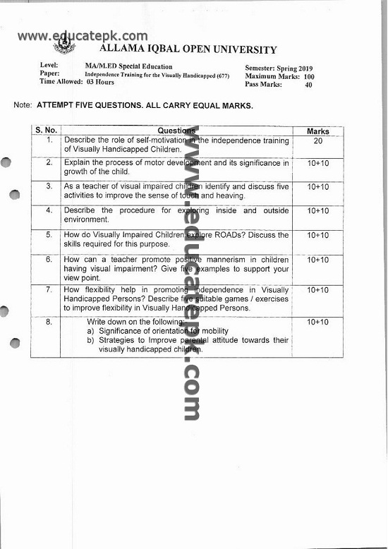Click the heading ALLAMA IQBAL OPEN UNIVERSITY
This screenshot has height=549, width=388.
189,50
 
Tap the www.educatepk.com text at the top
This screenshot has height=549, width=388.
83,36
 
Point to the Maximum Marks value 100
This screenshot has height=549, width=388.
309,76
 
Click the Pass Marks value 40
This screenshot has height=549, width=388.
308,85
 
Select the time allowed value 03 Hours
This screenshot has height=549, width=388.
100,82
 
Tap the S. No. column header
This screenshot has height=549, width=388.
46,131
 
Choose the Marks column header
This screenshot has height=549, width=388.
318,131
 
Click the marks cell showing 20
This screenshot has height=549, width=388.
318,141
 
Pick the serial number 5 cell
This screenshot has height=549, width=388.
49,234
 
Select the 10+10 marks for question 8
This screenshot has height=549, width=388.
318,322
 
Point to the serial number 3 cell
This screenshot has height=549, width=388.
49,186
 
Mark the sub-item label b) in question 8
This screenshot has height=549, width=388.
90,340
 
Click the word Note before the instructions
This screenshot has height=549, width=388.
23,105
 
